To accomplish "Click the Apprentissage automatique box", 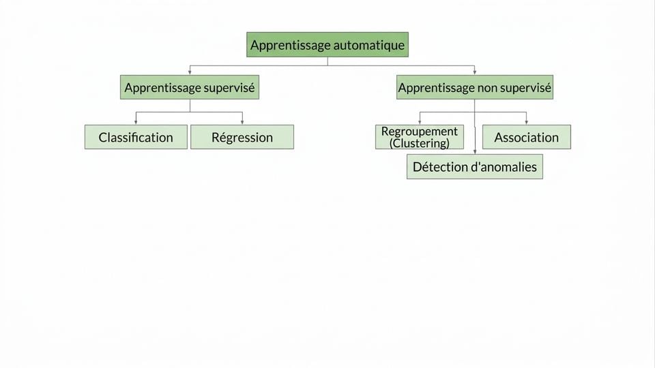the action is [327, 45].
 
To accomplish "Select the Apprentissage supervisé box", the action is [190, 87].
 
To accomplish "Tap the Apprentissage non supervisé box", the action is [475, 87].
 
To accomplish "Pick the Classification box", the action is [136, 137].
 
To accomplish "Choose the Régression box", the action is [242, 137].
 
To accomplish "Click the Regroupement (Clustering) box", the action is [420, 137].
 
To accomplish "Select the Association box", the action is [526, 137].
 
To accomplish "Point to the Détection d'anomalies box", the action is [475, 167].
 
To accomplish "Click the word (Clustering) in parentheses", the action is [420, 143].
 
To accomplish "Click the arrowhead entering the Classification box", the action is [136, 122].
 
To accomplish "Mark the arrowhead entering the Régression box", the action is [242, 122].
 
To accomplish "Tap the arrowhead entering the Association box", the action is [526, 122].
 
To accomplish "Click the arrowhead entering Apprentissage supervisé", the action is [190, 73].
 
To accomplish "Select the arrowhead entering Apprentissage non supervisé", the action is [475, 73].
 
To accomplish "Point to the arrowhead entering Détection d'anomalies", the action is [475, 152].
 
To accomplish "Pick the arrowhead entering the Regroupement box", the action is [420, 122].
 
